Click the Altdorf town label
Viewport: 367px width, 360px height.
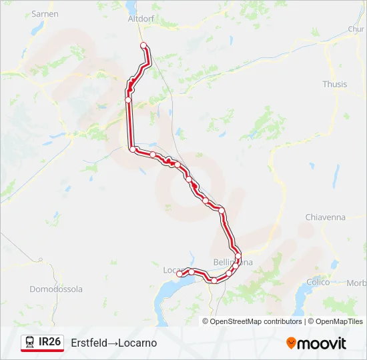141,19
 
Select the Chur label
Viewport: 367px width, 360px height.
356,29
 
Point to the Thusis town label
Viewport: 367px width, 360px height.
334,85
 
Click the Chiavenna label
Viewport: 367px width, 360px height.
325,217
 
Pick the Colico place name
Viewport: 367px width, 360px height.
318,282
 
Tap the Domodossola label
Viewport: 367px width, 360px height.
56,289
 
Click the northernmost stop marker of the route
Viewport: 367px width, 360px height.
143,45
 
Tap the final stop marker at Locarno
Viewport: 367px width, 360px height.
179,274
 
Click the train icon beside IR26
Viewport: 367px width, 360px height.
30,343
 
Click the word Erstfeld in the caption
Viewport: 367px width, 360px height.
89,343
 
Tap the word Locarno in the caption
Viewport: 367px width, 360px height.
138,343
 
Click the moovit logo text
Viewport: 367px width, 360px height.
322,343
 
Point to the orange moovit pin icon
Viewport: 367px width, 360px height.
291,343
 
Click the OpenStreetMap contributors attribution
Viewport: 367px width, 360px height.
256,321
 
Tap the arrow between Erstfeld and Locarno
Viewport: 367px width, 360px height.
113,343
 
